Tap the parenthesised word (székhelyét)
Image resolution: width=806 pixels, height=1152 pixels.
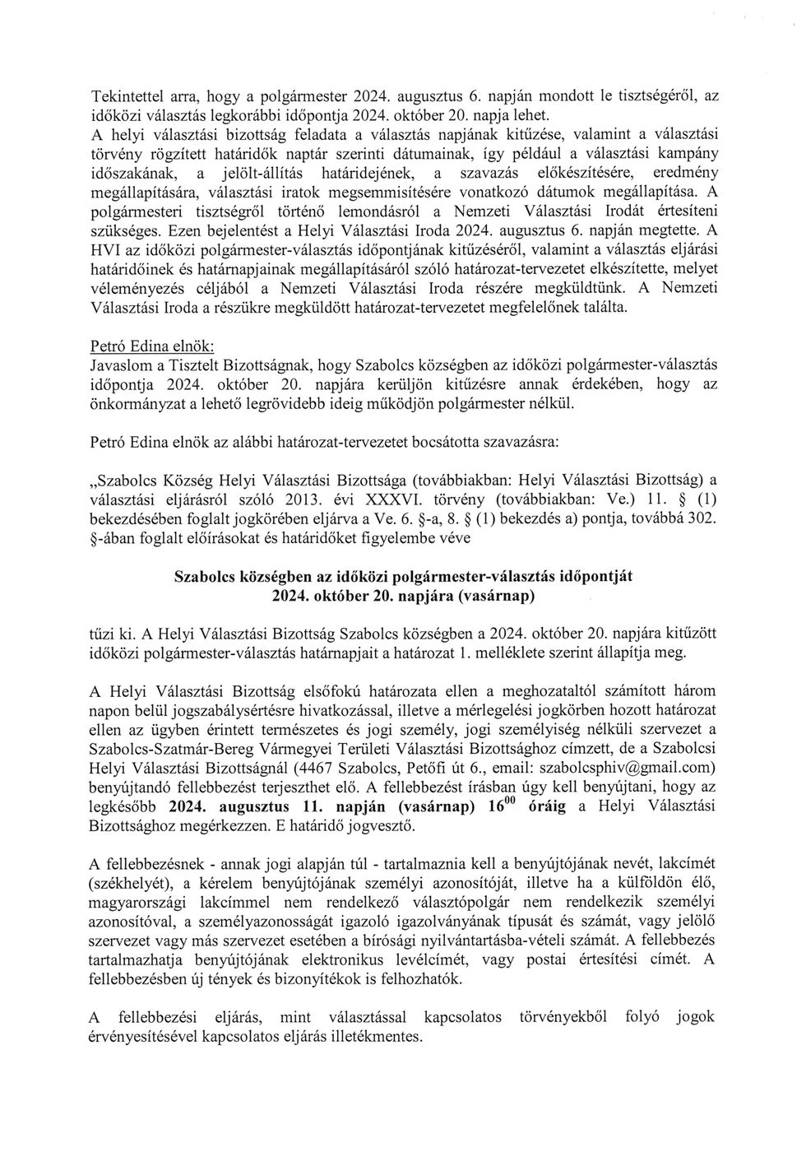130,883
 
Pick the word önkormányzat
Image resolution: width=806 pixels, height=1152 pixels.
134,403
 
